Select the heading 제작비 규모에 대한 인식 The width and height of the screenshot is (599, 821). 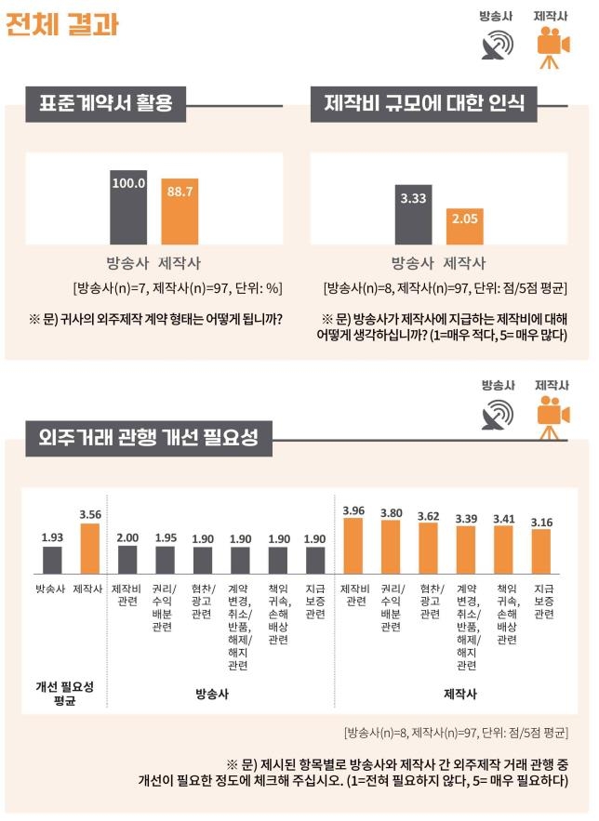point(423,103)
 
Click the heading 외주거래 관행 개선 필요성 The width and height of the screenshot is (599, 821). point(149,436)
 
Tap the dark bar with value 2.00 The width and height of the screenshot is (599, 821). point(127,559)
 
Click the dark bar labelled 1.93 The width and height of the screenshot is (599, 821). point(52,560)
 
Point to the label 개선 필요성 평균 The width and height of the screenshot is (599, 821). point(65,692)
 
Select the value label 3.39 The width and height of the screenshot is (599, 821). point(467,518)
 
